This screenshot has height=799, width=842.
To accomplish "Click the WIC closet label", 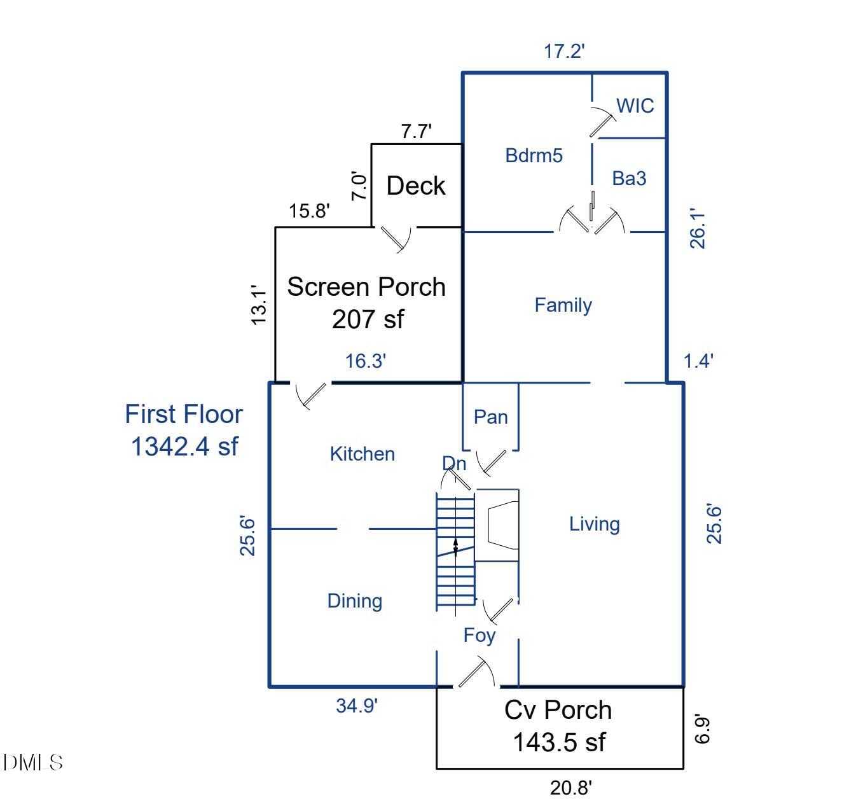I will (635, 106).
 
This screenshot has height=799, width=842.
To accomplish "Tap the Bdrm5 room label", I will (534, 155).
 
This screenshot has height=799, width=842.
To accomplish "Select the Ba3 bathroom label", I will (629, 179).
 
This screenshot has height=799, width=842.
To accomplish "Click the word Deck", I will (416, 186).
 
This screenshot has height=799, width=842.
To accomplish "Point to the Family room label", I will (563, 305).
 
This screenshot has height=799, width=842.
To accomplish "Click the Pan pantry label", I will (491, 417).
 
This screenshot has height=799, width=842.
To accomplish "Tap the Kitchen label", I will (362, 454).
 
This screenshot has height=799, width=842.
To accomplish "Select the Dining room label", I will (354, 601).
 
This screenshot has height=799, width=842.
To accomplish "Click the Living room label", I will (594, 524).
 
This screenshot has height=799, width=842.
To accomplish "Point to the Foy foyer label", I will (479, 635).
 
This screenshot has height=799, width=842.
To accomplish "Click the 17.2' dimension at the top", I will (564, 52).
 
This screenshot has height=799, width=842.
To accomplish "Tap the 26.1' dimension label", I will (698, 228).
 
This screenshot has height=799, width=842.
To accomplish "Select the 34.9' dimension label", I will (357, 705).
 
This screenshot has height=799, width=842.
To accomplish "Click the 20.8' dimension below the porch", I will (570, 788).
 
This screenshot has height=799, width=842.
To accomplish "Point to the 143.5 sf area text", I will (559, 742).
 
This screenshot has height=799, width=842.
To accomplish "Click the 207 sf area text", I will (367, 319).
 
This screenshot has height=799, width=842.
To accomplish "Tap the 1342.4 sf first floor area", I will (184, 446).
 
